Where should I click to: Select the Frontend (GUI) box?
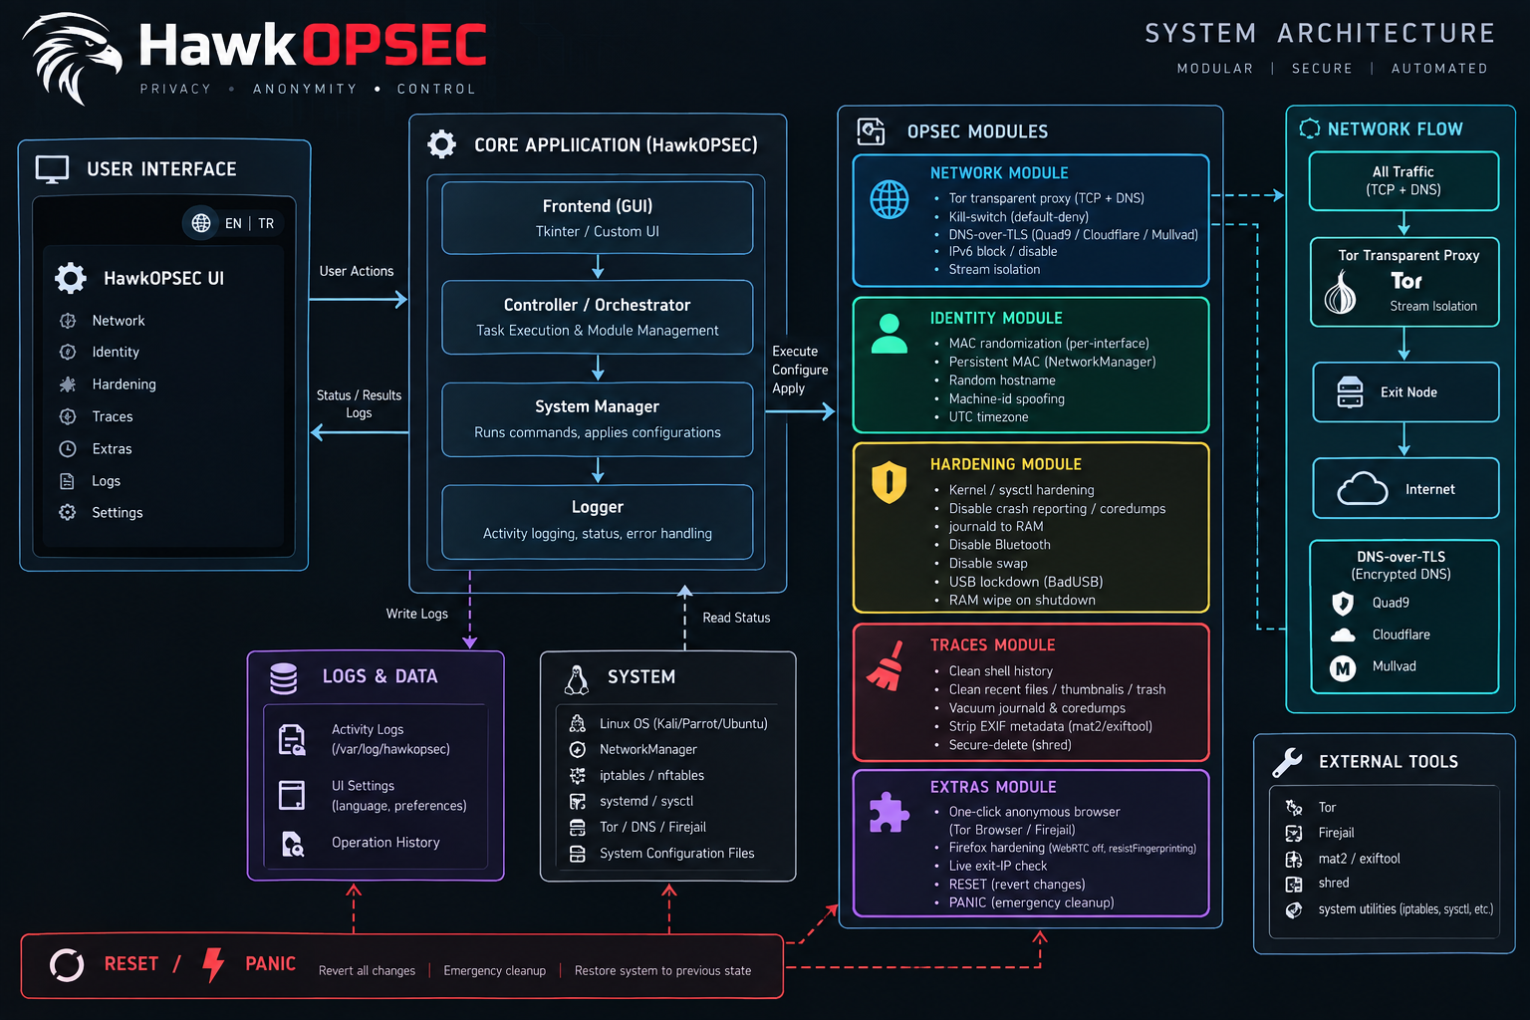[597, 218]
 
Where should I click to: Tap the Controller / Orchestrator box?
[597, 317]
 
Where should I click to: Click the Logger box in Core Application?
[597, 521]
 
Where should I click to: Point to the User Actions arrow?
[359, 299]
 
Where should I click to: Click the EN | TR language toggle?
[233, 223]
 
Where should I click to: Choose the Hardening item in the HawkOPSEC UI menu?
[124, 383]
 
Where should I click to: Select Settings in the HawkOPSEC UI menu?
[117, 512]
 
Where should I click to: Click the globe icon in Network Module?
[889, 200]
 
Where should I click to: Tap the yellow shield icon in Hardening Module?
[889, 482]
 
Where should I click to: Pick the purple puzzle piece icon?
[888, 812]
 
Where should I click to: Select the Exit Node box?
[1405, 392]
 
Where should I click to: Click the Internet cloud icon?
[1362, 488]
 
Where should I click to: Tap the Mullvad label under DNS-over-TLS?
[1395, 666]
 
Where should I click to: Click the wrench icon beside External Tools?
[1287, 762]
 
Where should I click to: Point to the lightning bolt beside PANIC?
[213, 964]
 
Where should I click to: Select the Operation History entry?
[385, 843]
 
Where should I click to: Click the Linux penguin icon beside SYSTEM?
[577, 679]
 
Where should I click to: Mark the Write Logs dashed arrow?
[470, 610]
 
